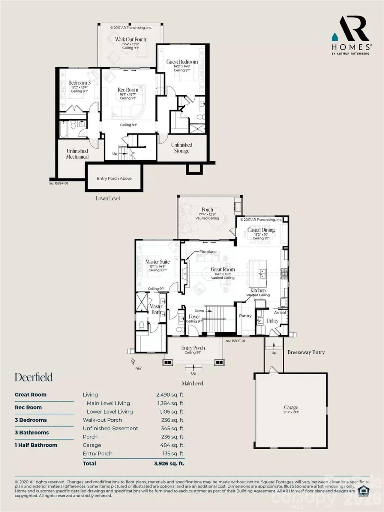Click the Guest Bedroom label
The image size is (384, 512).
click(182, 62)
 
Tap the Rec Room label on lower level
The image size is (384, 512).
click(128, 90)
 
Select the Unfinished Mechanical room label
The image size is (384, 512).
click(77, 154)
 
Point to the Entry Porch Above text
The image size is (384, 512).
click(114, 178)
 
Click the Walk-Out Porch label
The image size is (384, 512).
click(130, 40)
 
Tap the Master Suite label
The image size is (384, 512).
click(157, 262)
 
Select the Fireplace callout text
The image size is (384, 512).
click(208, 252)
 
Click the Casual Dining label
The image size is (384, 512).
click(261, 230)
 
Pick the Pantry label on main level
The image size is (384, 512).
click(245, 316)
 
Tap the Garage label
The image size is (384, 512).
click(291, 407)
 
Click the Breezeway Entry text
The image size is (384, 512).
click(306, 352)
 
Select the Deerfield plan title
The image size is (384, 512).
click(34, 377)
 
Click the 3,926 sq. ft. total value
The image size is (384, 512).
click(169, 463)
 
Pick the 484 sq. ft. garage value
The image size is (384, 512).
click(172, 445)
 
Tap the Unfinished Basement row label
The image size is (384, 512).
click(110, 428)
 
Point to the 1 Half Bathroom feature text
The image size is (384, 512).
click(36, 445)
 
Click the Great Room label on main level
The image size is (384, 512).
click(223, 270)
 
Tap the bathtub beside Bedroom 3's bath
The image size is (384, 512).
click(64, 129)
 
